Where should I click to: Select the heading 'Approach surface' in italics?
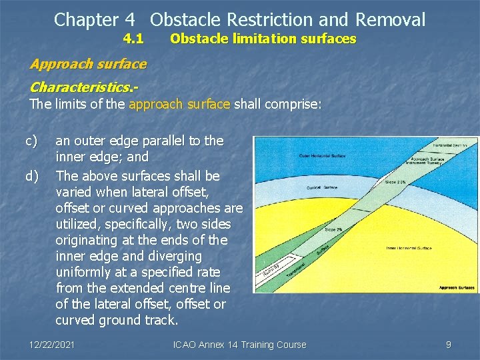pyautogui.click(x=88, y=64)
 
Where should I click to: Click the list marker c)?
pyautogui.click(x=31, y=141)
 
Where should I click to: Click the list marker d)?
pyautogui.click(x=31, y=176)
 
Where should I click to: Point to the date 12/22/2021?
pyautogui.click(x=52, y=345)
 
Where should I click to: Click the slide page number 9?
pyautogui.click(x=448, y=345)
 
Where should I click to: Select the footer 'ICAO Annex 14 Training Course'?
pyautogui.click(x=239, y=345)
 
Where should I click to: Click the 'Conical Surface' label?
pyautogui.click(x=322, y=188)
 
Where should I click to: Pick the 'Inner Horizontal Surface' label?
pyautogui.click(x=409, y=248)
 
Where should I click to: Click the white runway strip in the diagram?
pyautogui.click(x=268, y=273)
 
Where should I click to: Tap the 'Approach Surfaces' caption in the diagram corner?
pyautogui.click(x=457, y=288)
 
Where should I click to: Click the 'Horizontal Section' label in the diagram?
pyautogui.click(x=451, y=145)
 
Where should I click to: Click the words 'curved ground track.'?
pyautogui.click(x=117, y=320)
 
